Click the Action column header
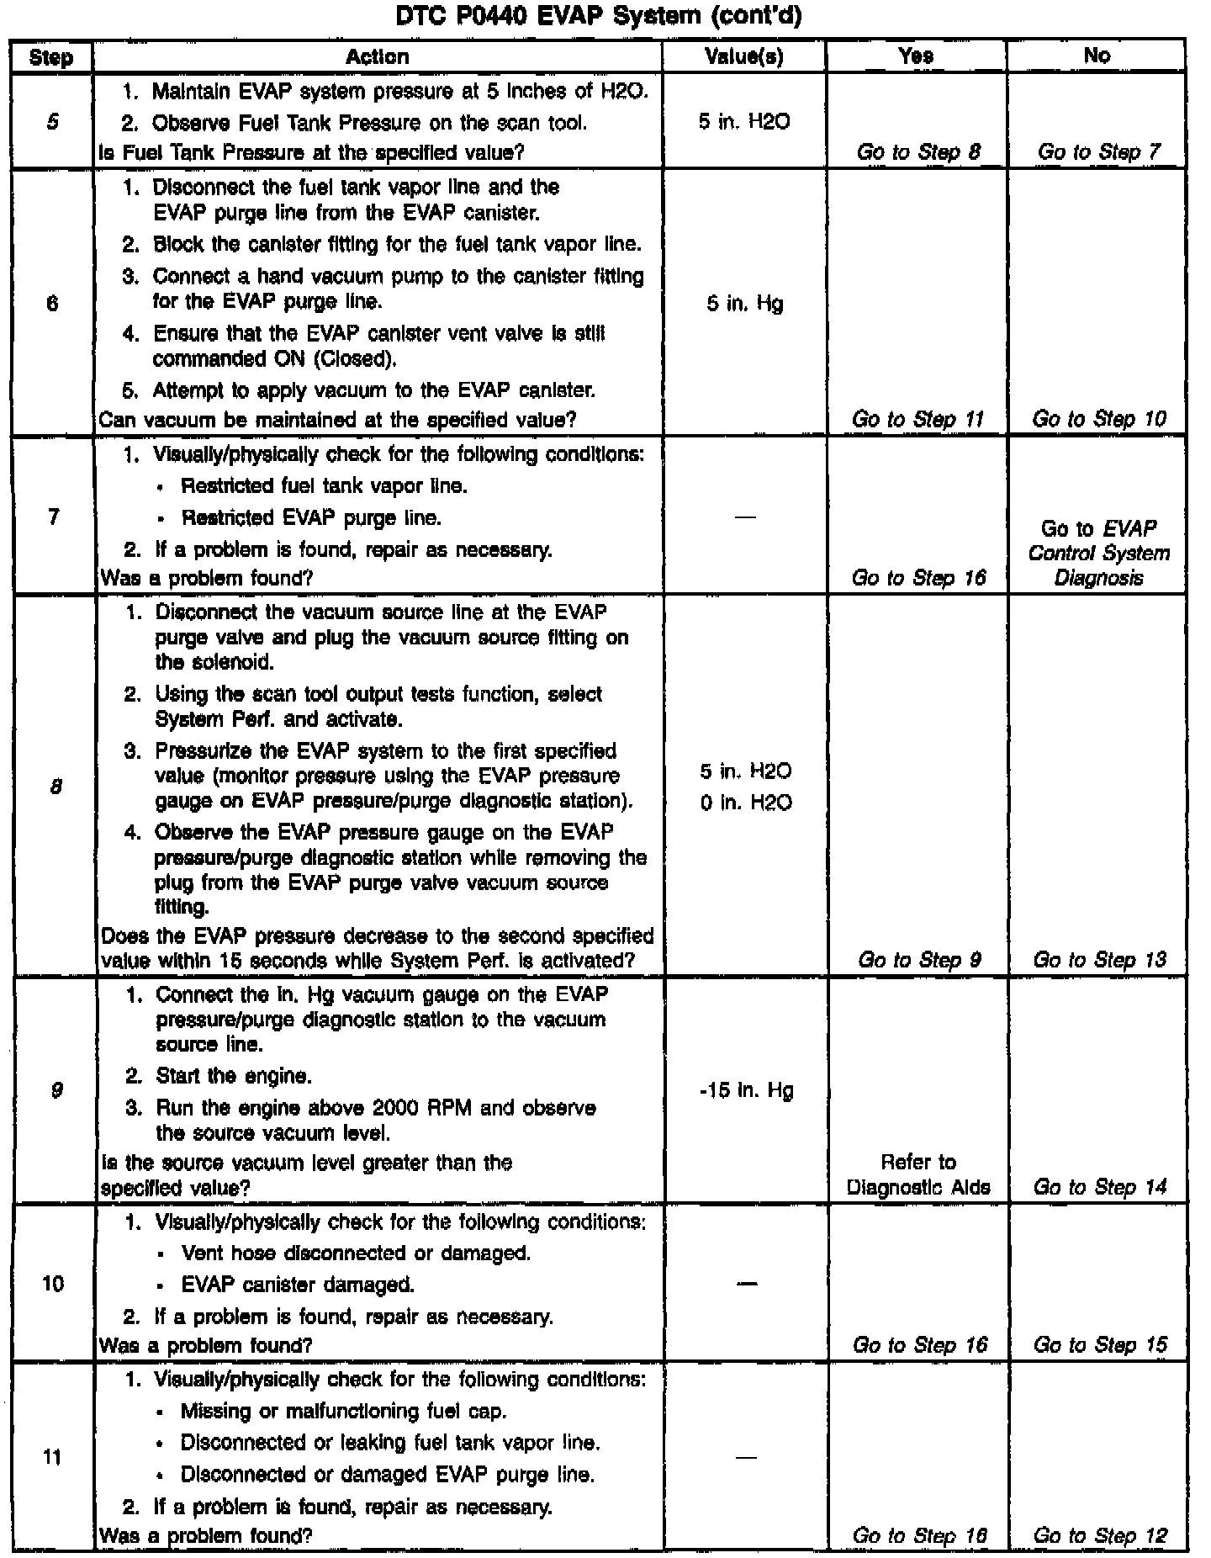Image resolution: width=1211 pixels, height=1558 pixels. point(378,56)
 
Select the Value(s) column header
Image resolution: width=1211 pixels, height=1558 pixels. point(743,56)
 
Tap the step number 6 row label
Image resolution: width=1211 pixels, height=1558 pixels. point(52,303)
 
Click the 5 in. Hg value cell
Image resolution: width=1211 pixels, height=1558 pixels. point(745,303)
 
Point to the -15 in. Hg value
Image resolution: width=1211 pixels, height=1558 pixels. point(746,1091)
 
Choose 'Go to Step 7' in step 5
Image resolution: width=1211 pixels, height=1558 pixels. point(1098,152)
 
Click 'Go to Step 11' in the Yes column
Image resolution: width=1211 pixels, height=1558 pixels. point(918,419)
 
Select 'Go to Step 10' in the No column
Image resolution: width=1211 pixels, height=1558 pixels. point(1098,419)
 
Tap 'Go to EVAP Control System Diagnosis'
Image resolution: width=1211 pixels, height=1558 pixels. point(1098,553)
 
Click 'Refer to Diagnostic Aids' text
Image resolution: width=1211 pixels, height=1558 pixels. point(918,1174)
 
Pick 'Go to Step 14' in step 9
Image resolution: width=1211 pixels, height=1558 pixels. point(1099,1187)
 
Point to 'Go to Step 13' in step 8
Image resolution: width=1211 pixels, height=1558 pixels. point(1099,960)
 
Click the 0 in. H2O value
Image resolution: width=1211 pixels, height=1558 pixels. point(746,803)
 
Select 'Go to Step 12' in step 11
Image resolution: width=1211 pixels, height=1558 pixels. point(1099,1535)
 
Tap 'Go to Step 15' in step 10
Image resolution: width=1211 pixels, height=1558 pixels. point(1099,1345)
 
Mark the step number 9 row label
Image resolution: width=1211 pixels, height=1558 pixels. point(55,1090)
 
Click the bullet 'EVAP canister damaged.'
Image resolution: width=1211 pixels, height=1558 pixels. point(297,1285)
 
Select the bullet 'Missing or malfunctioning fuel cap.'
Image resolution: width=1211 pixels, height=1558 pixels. point(343,1411)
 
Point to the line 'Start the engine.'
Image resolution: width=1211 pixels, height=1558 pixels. point(233,1076)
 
